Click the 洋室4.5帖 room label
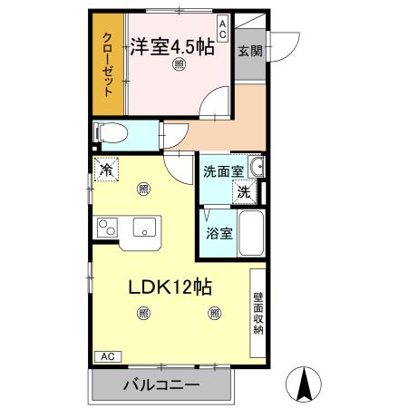[171, 45]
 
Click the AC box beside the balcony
[107, 355]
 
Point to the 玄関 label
[250, 51]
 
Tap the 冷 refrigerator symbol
[107, 170]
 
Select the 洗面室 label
[222, 170]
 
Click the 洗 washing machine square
[244, 191]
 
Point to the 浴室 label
[219, 233]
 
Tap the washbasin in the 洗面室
[257, 167]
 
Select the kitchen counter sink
[144, 227]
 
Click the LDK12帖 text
[170, 287]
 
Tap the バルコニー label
[161, 385]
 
